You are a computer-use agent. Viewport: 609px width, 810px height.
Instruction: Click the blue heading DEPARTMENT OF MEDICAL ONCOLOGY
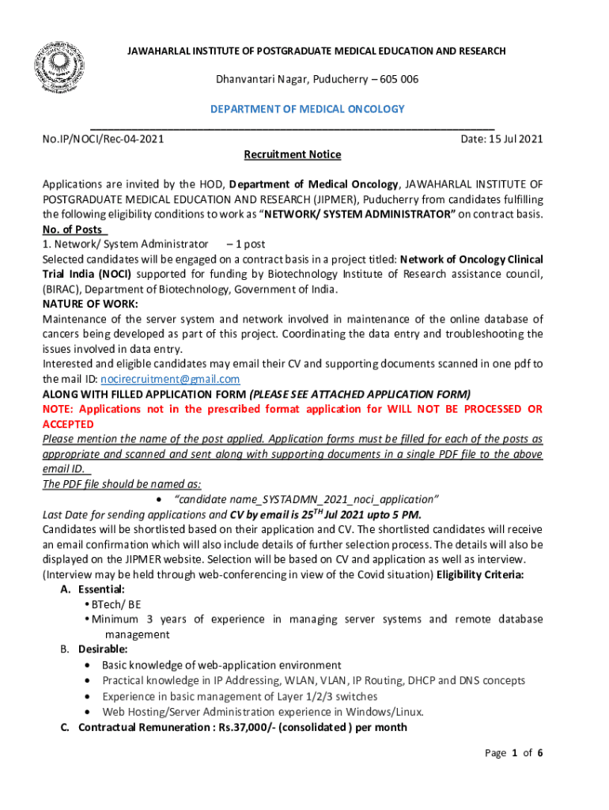(x=307, y=108)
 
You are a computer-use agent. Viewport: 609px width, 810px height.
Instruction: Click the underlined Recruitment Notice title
(x=293, y=154)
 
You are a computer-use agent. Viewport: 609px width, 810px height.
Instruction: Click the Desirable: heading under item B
(x=103, y=649)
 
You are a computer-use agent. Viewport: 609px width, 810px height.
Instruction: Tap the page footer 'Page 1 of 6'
(x=513, y=752)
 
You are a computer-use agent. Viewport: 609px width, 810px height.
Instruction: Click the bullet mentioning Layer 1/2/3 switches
(x=240, y=695)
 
